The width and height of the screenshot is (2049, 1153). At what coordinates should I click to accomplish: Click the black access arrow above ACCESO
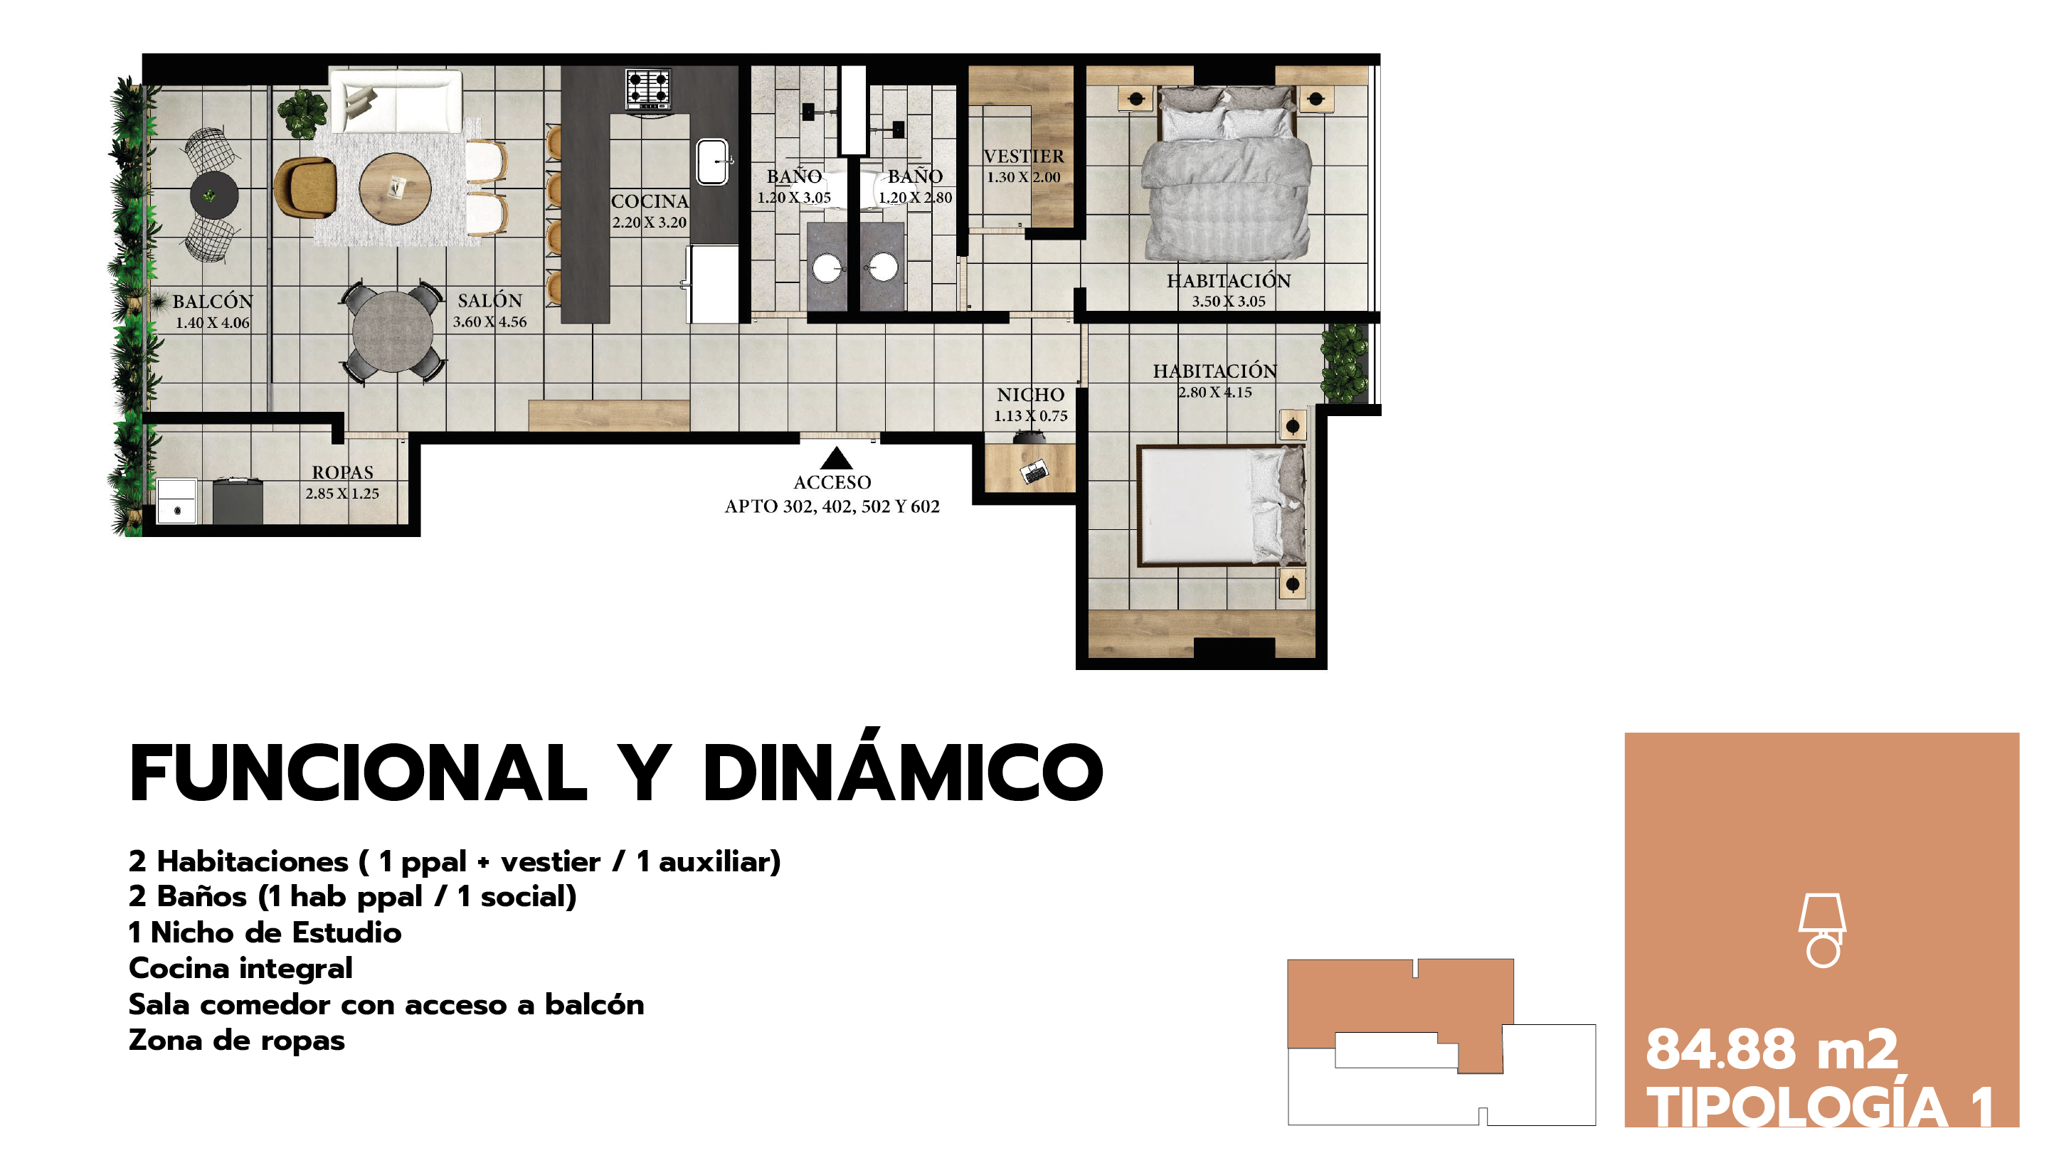click(x=836, y=458)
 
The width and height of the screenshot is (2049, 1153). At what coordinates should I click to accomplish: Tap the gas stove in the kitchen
click(x=647, y=89)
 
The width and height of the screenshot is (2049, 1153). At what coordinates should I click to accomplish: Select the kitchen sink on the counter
click(x=713, y=161)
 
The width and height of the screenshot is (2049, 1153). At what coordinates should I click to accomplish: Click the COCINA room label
click(x=650, y=201)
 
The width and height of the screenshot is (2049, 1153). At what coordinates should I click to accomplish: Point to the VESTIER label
click(x=1024, y=156)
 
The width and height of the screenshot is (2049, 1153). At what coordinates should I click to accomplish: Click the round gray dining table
click(x=392, y=331)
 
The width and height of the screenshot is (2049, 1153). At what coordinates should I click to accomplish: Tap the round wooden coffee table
click(x=395, y=188)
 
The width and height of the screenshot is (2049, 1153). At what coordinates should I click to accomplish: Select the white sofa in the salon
click(x=396, y=101)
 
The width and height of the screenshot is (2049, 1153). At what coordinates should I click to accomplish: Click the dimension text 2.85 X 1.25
click(x=342, y=494)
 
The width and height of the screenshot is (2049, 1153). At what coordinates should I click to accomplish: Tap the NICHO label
click(x=1030, y=395)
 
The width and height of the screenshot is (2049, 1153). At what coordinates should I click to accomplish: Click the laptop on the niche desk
click(x=1034, y=472)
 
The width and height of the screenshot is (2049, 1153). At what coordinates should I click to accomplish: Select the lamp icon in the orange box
click(x=1822, y=930)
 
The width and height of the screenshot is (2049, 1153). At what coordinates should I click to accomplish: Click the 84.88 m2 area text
click(x=1772, y=1050)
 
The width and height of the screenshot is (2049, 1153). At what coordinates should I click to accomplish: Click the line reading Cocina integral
click(x=240, y=969)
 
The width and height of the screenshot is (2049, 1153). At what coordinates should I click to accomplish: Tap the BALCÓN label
click(x=213, y=302)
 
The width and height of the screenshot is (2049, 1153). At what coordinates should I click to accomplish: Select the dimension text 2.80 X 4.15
click(x=1214, y=393)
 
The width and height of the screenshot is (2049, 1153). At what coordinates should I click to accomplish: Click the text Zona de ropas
click(x=236, y=1041)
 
